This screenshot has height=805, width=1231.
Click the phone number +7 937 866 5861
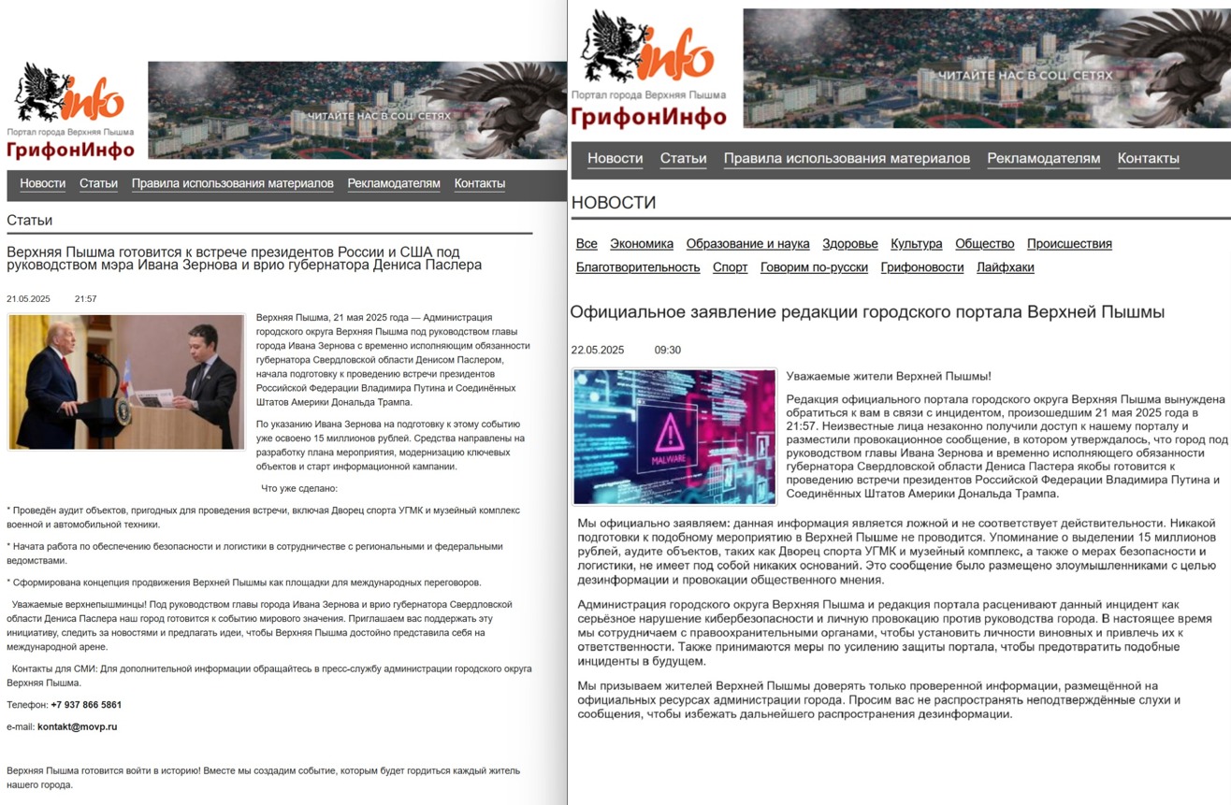[x=86, y=705]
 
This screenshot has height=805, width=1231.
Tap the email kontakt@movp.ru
[x=77, y=726]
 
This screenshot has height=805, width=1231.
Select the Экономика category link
[x=641, y=244]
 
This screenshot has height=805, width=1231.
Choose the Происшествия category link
[x=1069, y=244]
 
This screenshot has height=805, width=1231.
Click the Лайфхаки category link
[x=1005, y=267]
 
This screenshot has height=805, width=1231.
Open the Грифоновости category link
[x=921, y=267]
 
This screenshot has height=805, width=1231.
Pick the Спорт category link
[x=730, y=267]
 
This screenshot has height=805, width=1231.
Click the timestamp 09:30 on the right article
[x=667, y=351]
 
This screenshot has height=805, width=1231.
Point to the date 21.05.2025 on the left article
[x=28, y=299]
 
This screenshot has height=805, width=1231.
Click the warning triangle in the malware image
[x=670, y=433]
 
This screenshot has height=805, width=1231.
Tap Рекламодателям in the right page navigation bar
[x=1043, y=159]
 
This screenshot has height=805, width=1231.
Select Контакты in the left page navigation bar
[x=479, y=184]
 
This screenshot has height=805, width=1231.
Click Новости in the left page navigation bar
[x=43, y=184]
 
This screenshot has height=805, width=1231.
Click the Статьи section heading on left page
[x=30, y=221]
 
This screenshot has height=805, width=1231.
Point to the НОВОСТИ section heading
[x=614, y=203]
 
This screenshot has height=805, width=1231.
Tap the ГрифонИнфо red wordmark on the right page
[x=648, y=117]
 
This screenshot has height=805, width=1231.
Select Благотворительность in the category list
[x=637, y=267]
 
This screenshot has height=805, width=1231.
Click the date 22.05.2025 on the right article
[x=597, y=351]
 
